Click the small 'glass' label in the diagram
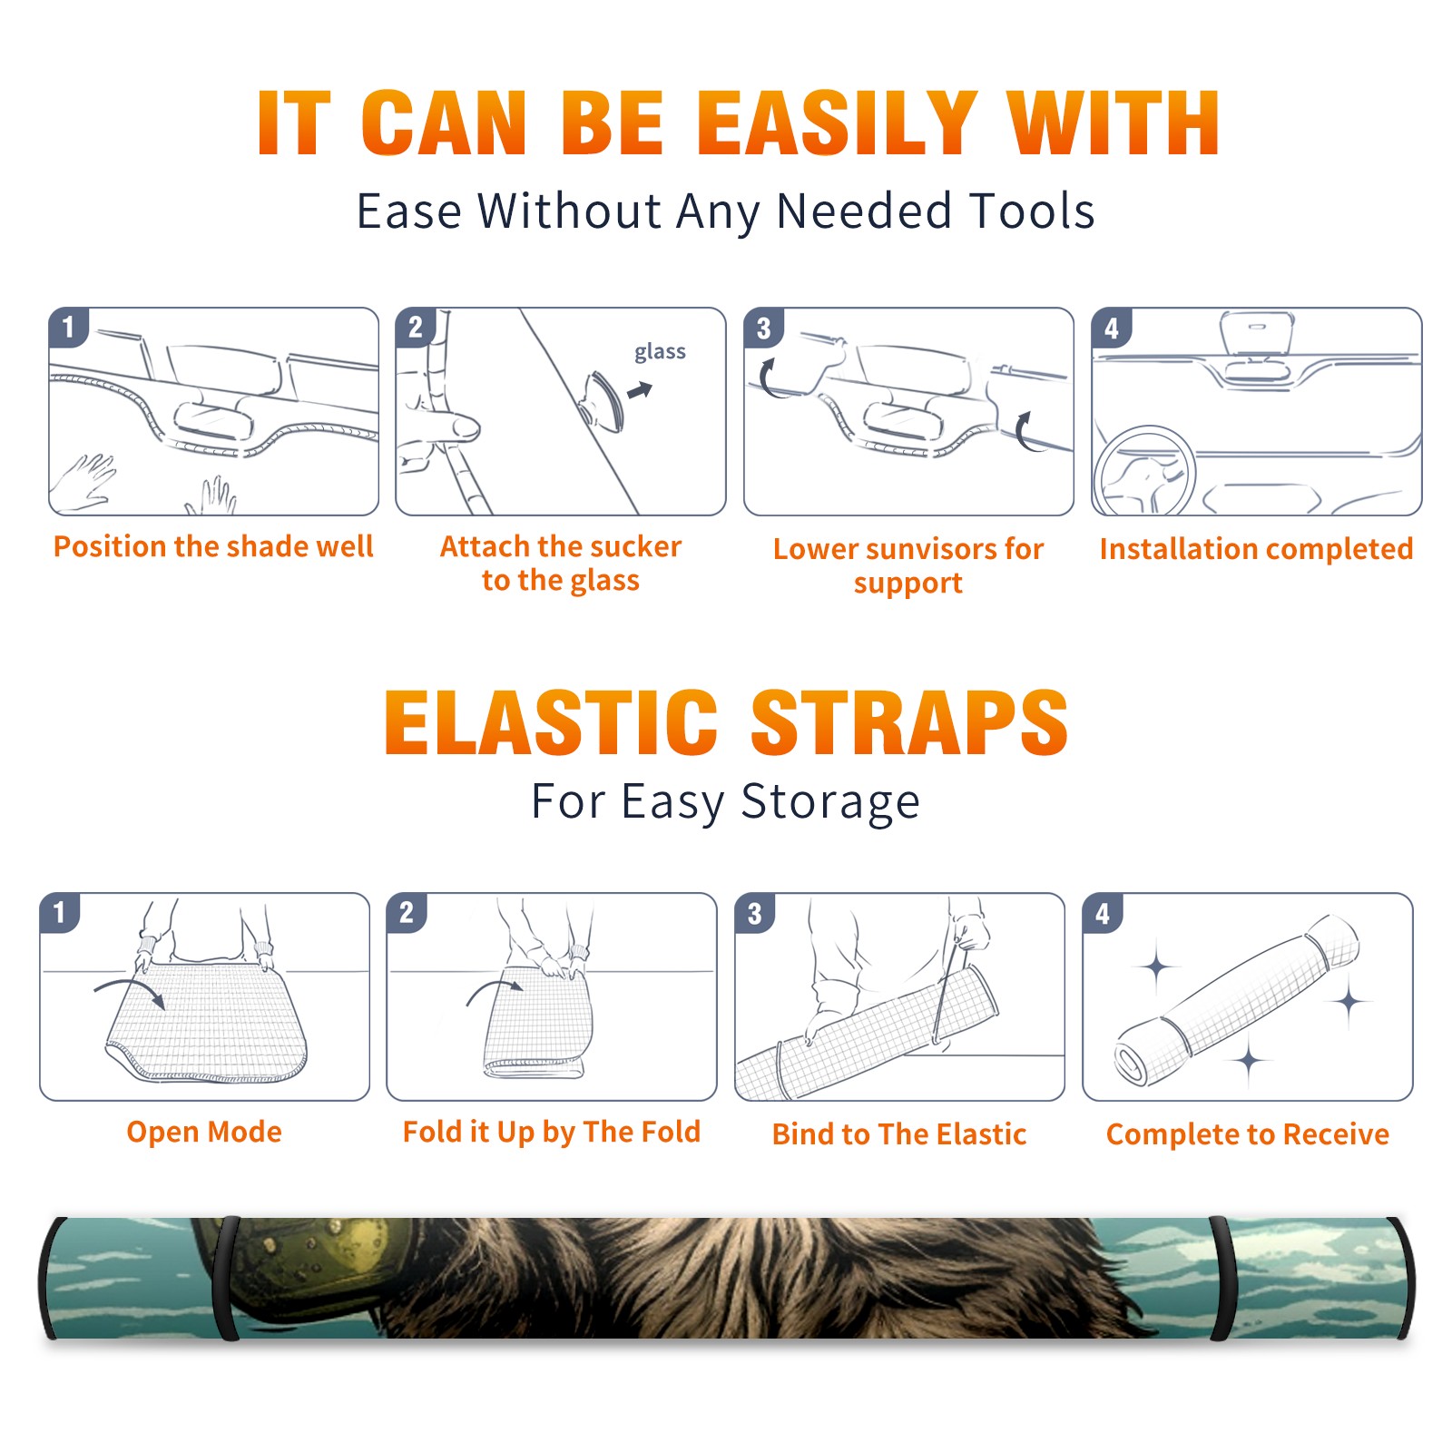660,352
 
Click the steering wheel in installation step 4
1144,471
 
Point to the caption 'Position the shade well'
213,546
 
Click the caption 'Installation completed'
1256,549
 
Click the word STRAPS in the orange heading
909,722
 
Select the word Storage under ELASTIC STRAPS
830,802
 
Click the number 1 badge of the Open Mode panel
60,912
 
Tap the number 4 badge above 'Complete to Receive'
1103,913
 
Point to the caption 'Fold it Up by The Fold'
552,1132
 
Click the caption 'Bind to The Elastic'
899,1134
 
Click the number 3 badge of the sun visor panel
763,328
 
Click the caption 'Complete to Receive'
1248,1134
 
